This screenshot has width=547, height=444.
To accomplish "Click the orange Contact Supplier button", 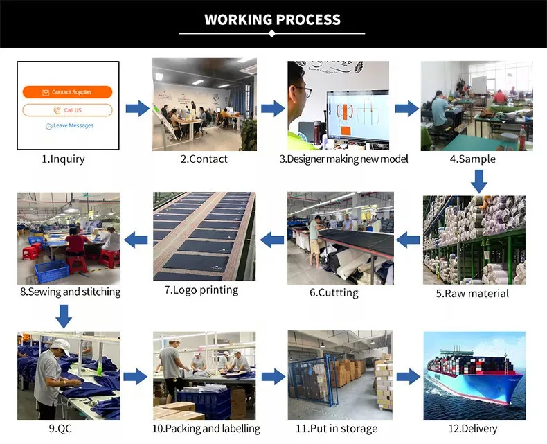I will click(67, 92).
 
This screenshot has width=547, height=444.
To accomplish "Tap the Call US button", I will click(67, 110).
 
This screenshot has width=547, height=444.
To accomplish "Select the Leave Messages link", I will click(69, 126).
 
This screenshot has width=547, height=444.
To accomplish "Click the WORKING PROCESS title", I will click(272, 19).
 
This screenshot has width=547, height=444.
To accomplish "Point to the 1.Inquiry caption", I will click(63, 159).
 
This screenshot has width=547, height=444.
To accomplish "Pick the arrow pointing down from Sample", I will click(478, 181).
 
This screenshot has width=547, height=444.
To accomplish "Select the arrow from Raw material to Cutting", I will click(409, 240).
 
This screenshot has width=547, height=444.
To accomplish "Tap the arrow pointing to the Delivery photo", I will click(408, 377).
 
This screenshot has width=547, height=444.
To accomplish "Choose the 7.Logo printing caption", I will click(201, 290).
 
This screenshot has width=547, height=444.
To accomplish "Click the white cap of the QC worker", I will click(60, 346).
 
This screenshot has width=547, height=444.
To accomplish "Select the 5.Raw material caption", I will click(472, 293).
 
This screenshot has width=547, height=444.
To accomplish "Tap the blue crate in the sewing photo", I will click(53, 269).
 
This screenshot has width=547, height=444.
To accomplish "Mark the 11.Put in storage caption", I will click(337, 429).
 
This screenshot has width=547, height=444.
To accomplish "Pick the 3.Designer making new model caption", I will click(343, 159).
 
